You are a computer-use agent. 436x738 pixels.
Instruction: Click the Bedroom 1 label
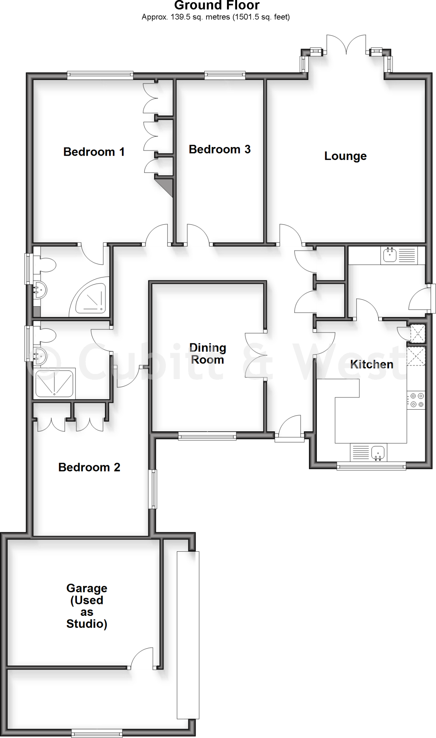pos(94,152)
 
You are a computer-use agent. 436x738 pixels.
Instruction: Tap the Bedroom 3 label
pos(219,149)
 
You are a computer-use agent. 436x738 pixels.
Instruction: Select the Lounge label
pos(345,156)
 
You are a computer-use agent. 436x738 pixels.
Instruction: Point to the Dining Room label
pos(208,354)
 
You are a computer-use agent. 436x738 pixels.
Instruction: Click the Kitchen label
pos(371,364)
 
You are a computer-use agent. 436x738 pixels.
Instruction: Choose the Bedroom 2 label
pos(89,467)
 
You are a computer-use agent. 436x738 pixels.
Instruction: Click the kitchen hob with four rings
pos(416,400)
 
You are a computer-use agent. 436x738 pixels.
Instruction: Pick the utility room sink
pos(389,255)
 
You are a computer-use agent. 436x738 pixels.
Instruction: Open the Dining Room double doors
pos(256,355)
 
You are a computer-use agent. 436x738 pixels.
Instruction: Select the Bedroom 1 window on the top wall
pos(100,75)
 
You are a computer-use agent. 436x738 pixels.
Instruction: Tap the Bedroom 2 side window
pos(154,489)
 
